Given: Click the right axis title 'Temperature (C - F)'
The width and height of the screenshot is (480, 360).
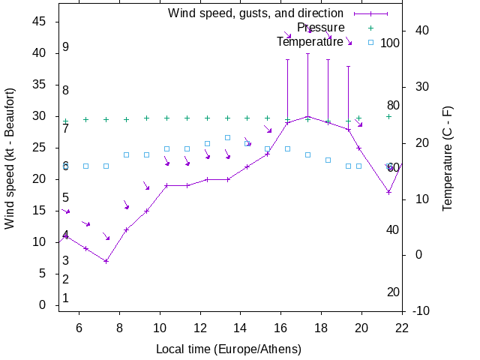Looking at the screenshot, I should pyautogui.click(x=448, y=158).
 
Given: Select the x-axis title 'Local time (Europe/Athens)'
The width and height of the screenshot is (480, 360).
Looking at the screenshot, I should pyautogui.click(x=229, y=349).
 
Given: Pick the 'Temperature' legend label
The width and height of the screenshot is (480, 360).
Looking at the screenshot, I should pyautogui.click(x=310, y=42).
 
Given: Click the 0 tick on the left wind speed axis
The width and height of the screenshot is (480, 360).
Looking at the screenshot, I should pyautogui.click(x=43, y=305).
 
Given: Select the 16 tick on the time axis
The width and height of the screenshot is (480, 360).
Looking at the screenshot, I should pyautogui.click(x=281, y=328).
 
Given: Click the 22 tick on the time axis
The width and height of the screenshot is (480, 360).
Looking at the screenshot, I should pyautogui.click(x=403, y=328).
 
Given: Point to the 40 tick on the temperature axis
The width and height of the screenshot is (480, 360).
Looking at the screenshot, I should pyautogui.click(x=421, y=31).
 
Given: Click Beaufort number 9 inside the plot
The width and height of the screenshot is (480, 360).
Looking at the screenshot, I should pyautogui.click(x=66, y=47).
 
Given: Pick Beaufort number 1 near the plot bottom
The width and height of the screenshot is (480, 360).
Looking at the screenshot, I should pyautogui.click(x=66, y=298).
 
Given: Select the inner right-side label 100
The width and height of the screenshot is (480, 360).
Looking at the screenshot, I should pyautogui.click(x=390, y=43).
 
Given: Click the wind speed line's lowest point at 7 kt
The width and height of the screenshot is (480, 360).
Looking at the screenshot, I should pyautogui.click(x=106, y=261).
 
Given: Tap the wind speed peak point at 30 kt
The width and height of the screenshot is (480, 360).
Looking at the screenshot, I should pyautogui.click(x=307, y=116).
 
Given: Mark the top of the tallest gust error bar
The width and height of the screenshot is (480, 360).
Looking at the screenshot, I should pyautogui.click(x=307, y=53).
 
